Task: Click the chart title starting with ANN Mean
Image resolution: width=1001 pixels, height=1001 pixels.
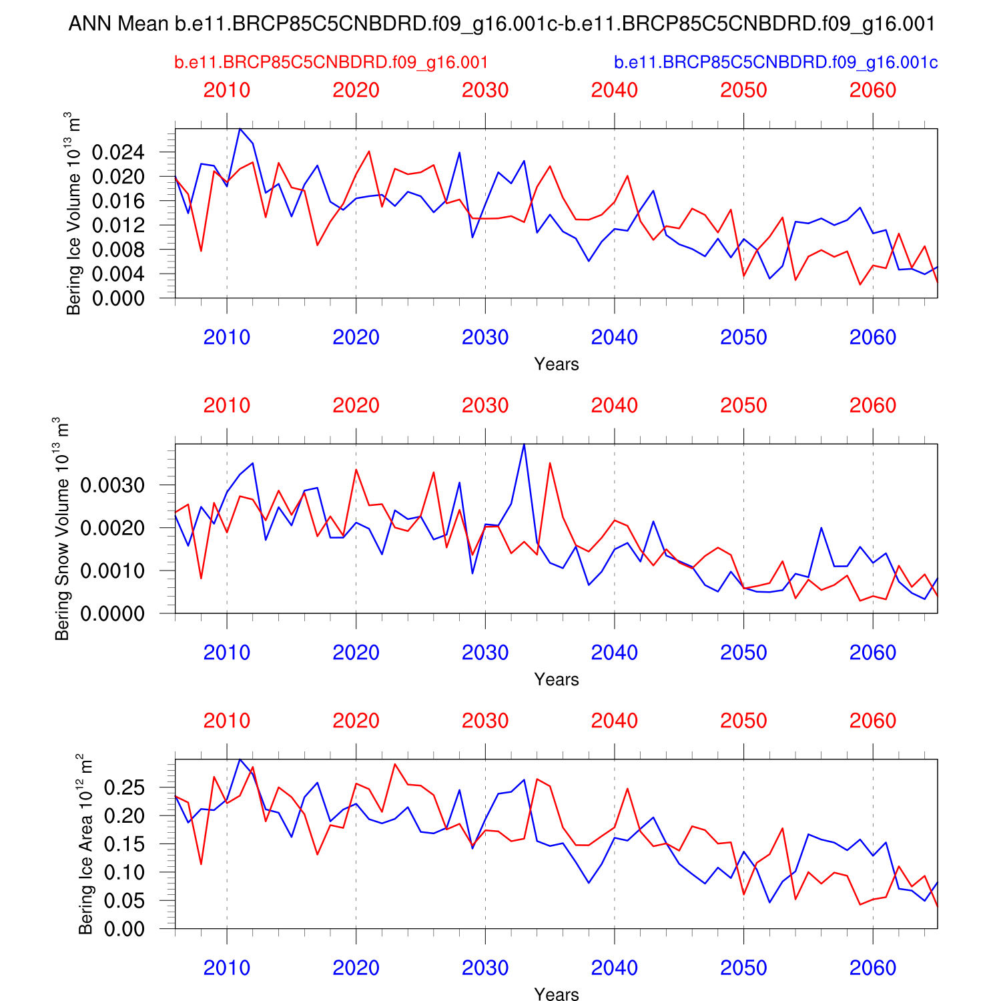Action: click(502, 25)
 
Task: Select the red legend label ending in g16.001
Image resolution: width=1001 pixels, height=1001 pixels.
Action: click(331, 63)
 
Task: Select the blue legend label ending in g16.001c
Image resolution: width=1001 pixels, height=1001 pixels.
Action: click(775, 63)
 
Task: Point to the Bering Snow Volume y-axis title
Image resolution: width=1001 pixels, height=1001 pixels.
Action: click(61, 529)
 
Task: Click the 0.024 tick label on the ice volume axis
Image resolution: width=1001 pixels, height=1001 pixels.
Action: click(118, 153)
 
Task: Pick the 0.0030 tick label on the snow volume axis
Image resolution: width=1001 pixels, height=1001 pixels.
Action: click(112, 485)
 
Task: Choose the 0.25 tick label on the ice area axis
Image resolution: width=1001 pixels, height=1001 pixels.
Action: click(124, 787)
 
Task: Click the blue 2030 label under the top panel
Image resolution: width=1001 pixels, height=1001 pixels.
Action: click(485, 338)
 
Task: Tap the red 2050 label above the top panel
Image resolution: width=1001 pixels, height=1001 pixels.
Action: click(743, 91)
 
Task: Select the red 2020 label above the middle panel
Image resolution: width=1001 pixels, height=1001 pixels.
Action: click(356, 406)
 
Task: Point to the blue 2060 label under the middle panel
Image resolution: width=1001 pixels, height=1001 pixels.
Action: click(872, 653)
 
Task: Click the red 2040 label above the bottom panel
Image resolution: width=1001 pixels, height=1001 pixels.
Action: click(614, 721)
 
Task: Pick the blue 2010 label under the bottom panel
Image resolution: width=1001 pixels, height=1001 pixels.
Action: click(227, 968)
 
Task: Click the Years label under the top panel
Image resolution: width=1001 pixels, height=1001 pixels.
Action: click(556, 364)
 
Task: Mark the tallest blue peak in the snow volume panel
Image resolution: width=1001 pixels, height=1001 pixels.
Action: click(524, 444)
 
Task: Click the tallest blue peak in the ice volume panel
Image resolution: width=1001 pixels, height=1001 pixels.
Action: click(240, 129)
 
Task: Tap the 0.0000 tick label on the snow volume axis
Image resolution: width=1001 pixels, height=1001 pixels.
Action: click(112, 614)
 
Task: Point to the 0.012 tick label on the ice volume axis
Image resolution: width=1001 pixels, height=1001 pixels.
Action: click(118, 226)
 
